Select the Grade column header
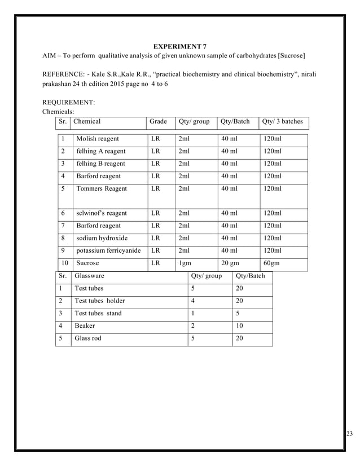tap(159, 121)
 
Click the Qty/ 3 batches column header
tap(283, 121)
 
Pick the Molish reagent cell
tap(98, 139)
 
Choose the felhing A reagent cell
tap(101, 151)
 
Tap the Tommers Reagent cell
tap(102, 188)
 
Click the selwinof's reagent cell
tap(102, 213)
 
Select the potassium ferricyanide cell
tap(108, 250)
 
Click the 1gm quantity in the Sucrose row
tap(184, 263)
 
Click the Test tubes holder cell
tap(100, 301)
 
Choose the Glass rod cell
tap(88, 338)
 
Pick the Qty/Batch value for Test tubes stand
tap(238, 313)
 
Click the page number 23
tap(349, 433)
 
